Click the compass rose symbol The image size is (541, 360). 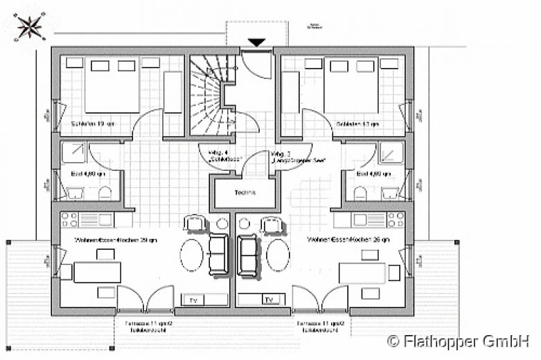29,27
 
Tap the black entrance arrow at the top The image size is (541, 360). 257,43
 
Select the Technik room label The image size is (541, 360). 245,192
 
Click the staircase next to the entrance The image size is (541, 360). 209,96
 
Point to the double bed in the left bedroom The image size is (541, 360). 111,87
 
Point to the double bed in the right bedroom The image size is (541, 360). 351,87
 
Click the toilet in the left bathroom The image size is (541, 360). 105,192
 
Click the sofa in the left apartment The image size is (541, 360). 218,253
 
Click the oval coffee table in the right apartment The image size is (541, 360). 278,255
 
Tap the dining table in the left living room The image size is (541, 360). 97,272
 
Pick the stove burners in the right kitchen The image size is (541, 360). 396,220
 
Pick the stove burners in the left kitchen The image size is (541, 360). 70,220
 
